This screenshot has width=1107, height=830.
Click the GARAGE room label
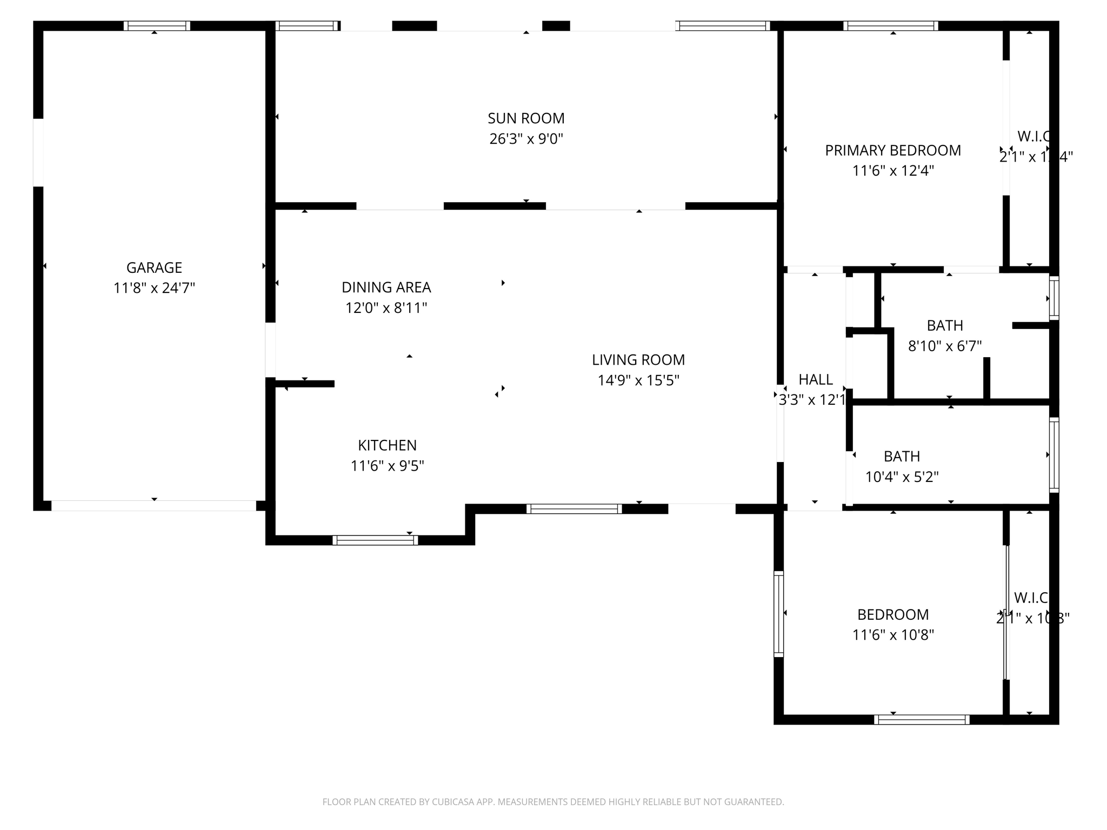tap(154, 267)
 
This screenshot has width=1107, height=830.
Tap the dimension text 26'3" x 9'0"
tap(526, 139)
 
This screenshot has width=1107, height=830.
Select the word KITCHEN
tap(387, 445)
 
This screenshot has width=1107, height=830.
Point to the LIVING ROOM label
tap(638, 360)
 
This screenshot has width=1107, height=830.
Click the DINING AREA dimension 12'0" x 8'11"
tap(386, 308)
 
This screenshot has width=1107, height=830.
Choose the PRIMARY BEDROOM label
tap(892, 150)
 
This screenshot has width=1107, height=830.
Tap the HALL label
tap(815, 379)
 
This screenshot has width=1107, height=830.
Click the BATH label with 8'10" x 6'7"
tap(944, 325)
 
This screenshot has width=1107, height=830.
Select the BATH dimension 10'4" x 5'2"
tap(902, 477)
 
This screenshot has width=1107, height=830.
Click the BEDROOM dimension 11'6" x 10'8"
tap(892, 635)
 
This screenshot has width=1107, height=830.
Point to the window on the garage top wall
tap(157, 26)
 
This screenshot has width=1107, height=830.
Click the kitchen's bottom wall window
tap(375, 540)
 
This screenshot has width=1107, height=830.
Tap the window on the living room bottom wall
tap(574, 508)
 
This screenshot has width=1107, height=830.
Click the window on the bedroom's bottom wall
tap(922, 719)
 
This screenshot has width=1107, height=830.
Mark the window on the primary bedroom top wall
tap(890, 26)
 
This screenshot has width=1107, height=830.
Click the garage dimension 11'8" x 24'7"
tap(154, 288)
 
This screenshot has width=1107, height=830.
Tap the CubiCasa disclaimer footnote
tap(553, 802)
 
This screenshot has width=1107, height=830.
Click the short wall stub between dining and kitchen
tap(305, 384)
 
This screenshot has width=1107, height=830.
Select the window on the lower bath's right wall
tap(1053, 455)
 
